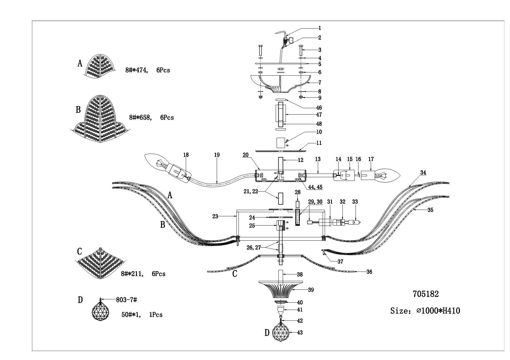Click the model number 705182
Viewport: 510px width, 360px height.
coord(426,294)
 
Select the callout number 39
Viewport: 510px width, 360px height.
coord(311,290)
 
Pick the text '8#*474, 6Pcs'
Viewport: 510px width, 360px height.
coord(148,70)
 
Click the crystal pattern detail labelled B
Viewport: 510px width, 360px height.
coord(99,119)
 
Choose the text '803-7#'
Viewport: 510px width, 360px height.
coord(126,300)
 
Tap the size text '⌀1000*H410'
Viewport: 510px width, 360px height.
coord(438,311)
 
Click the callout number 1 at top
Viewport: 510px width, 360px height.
coord(320,28)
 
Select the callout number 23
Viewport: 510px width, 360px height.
coord(215,216)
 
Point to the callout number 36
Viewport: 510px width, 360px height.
coord(369,272)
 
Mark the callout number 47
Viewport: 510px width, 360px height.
coord(319,115)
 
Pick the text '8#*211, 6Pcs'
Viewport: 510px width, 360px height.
coord(143,274)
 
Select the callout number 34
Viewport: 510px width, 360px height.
coord(423,172)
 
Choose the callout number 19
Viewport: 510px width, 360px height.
coord(217,155)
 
